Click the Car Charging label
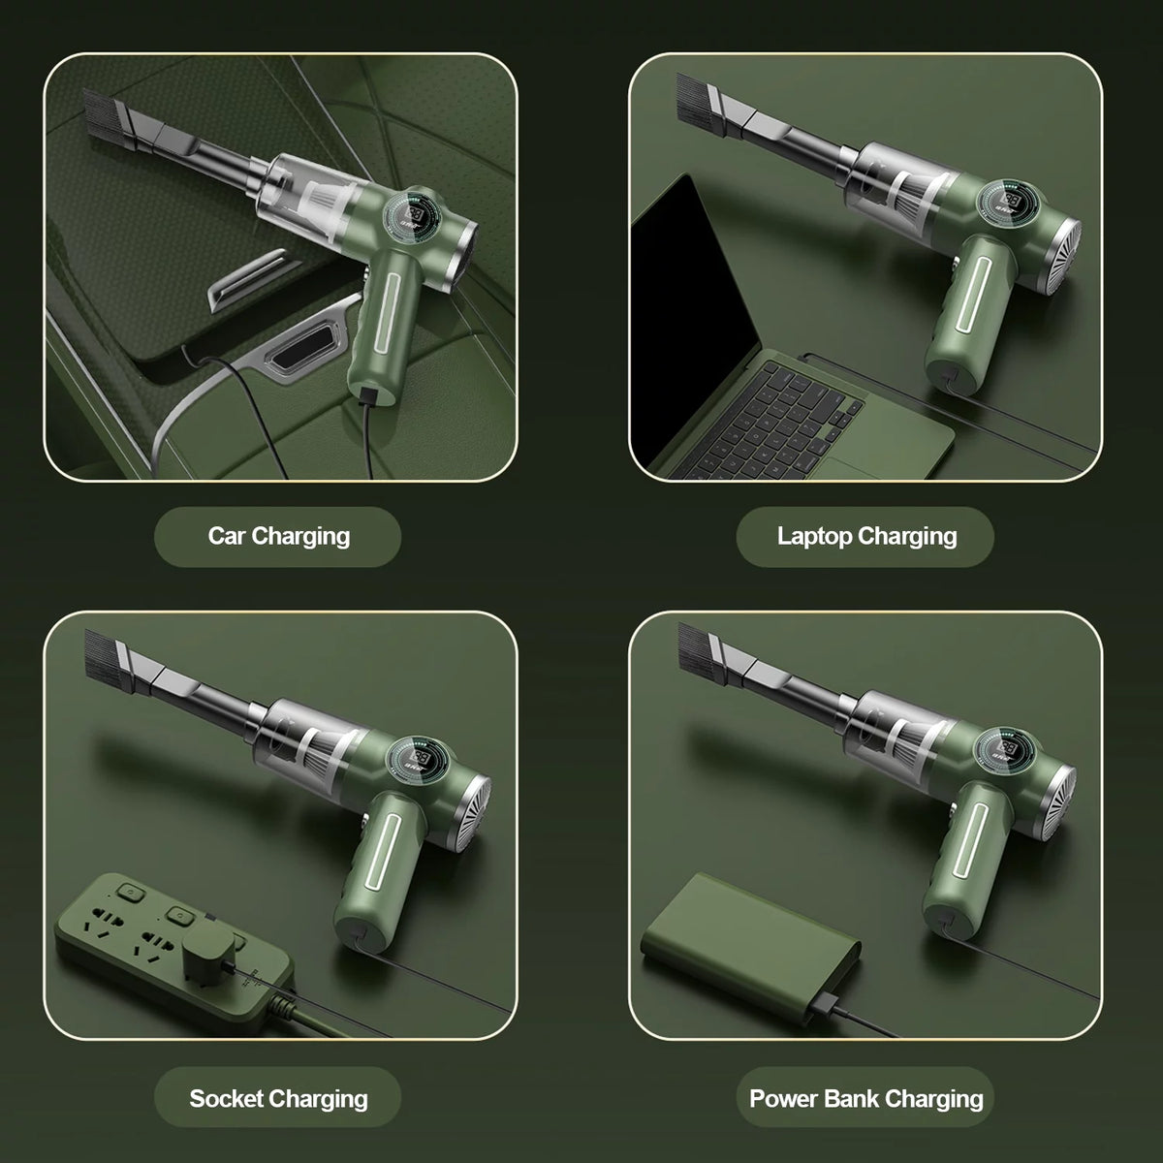pyautogui.click(x=279, y=536)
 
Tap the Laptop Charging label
pyautogui.click(x=866, y=536)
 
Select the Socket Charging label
pyautogui.click(x=278, y=1098)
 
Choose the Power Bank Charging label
pyautogui.click(x=866, y=1098)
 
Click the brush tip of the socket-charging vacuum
pyautogui.click(x=108, y=662)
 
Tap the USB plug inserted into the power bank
pyautogui.click(x=825, y=1007)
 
